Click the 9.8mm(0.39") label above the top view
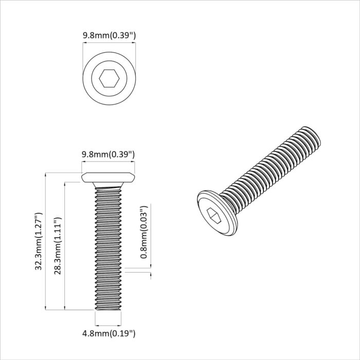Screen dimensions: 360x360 [109, 35]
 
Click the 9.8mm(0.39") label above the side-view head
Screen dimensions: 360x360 [109, 154]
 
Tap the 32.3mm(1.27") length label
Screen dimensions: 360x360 [38, 242]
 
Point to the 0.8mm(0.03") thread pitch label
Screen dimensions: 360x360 [145, 232]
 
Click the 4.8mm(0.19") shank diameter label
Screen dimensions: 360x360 [109, 334]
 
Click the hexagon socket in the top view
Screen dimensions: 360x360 [109, 79]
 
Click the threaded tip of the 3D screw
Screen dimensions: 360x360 [310, 135]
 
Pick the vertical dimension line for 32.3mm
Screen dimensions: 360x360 [46, 242]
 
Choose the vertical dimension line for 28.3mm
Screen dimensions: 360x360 [65, 246]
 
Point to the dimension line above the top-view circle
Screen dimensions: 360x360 [109, 44]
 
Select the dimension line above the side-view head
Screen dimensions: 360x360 [109, 163]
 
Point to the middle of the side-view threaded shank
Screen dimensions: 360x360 [109, 247]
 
